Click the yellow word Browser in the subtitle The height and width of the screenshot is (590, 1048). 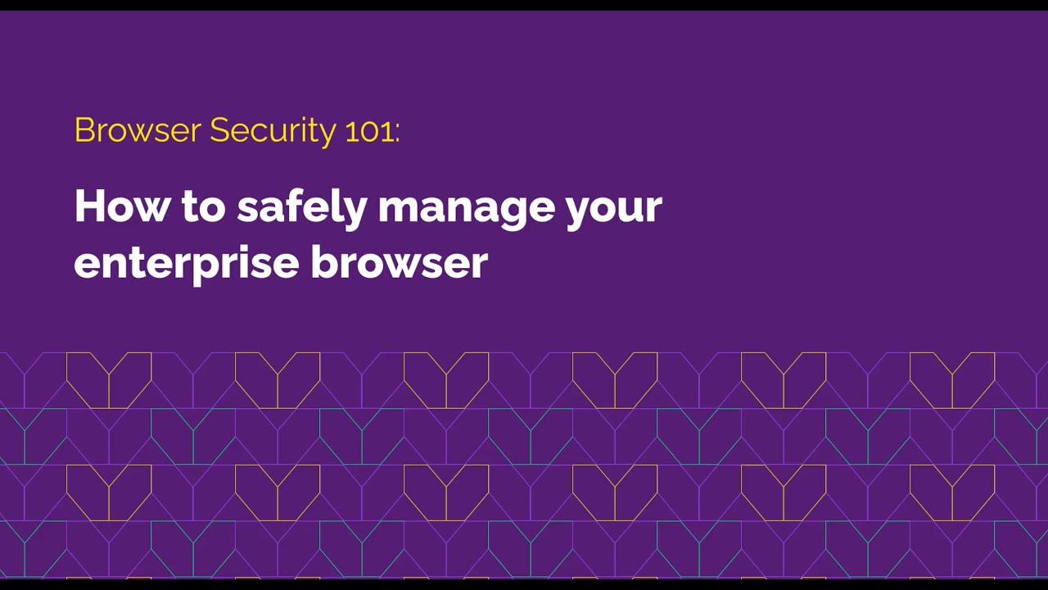[137, 130]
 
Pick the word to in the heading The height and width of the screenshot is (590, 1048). [203, 207]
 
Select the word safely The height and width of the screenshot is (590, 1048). [301, 207]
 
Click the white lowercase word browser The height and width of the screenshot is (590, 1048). [399, 262]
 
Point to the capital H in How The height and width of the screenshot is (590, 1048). [88, 206]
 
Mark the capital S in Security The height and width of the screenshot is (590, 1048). [219, 130]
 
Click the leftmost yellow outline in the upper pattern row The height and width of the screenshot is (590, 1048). [109, 379]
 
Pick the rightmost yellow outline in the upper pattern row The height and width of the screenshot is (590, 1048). [952, 379]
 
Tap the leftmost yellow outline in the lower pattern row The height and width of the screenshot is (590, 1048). [109, 492]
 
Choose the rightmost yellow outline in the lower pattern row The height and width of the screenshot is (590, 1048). [952, 492]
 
